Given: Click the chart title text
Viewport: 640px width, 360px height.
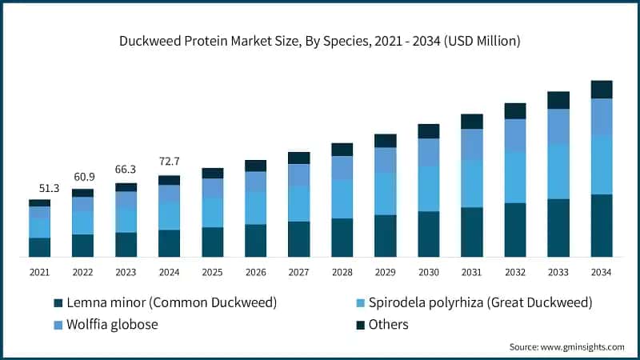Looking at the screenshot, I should (x=320, y=42).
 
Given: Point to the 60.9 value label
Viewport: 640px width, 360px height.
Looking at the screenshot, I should (x=83, y=177).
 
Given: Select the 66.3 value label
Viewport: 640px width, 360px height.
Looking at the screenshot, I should (x=126, y=170).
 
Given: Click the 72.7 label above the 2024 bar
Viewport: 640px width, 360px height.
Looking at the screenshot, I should (x=170, y=162).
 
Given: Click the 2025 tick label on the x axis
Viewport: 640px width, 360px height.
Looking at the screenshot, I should (x=213, y=272).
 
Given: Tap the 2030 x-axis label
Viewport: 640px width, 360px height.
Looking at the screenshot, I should (x=429, y=272).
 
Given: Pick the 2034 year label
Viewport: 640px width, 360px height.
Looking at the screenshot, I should (x=602, y=272).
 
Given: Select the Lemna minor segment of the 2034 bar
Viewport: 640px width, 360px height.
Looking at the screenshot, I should (x=602, y=226).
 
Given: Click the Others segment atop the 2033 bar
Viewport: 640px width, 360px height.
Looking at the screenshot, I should (x=558, y=100).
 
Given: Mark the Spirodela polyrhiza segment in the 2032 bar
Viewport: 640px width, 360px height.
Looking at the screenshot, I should (x=515, y=177).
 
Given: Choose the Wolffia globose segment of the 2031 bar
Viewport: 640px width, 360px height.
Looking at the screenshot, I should (x=472, y=144).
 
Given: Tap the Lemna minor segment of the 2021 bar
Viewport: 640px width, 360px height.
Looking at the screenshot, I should (x=40, y=247).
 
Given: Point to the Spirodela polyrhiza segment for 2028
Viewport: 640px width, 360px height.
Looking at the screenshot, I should (x=342, y=198).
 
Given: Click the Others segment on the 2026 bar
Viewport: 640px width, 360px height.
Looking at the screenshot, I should (x=256, y=166).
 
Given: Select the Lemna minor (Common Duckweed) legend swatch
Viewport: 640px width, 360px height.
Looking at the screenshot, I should (x=58, y=303).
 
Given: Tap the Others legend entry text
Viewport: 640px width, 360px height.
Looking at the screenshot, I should (x=388, y=324).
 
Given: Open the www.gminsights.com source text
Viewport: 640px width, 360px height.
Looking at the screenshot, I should (x=581, y=346).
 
